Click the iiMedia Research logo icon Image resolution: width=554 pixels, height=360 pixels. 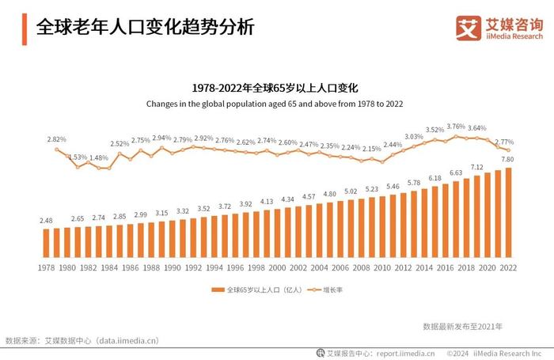click(x=469, y=28)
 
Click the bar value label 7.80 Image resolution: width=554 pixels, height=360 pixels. click(x=507, y=160)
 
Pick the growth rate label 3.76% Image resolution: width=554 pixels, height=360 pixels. click(x=456, y=127)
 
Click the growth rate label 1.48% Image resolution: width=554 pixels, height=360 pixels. click(x=98, y=158)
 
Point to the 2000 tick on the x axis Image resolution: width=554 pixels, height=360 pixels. click(x=277, y=268)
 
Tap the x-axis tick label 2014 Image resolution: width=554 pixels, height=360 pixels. click(x=424, y=268)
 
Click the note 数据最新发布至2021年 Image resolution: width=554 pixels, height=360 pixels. click(x=462, y=325)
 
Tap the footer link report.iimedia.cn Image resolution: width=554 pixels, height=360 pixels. click(x=405, y=353)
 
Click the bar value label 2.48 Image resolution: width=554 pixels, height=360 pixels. click(x=46, y=220)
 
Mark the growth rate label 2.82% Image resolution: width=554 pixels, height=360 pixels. click(x=56, y=139)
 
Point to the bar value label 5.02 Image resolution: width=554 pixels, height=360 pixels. click(x=351, y=191)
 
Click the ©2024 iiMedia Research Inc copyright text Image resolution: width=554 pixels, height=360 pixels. click(x=498, y=353)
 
